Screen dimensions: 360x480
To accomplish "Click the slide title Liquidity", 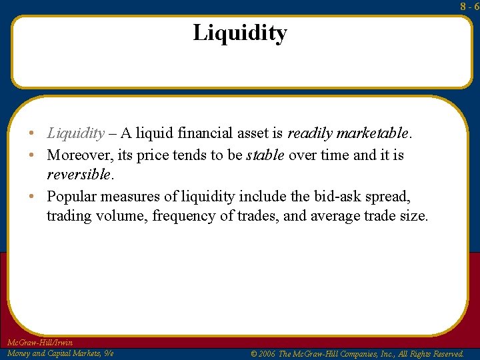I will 240,33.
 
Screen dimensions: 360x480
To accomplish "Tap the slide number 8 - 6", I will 469,6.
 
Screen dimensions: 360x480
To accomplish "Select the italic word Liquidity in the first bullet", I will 75,133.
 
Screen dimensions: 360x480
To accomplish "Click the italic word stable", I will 265,155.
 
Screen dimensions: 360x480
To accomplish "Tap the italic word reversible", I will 78,175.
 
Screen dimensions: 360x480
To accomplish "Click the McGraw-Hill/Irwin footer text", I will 39,343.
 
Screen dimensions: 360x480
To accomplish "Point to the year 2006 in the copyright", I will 266,354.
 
